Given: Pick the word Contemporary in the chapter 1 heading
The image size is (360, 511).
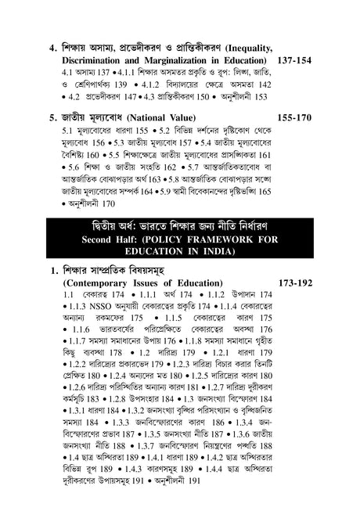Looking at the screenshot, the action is click(104, 279).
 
